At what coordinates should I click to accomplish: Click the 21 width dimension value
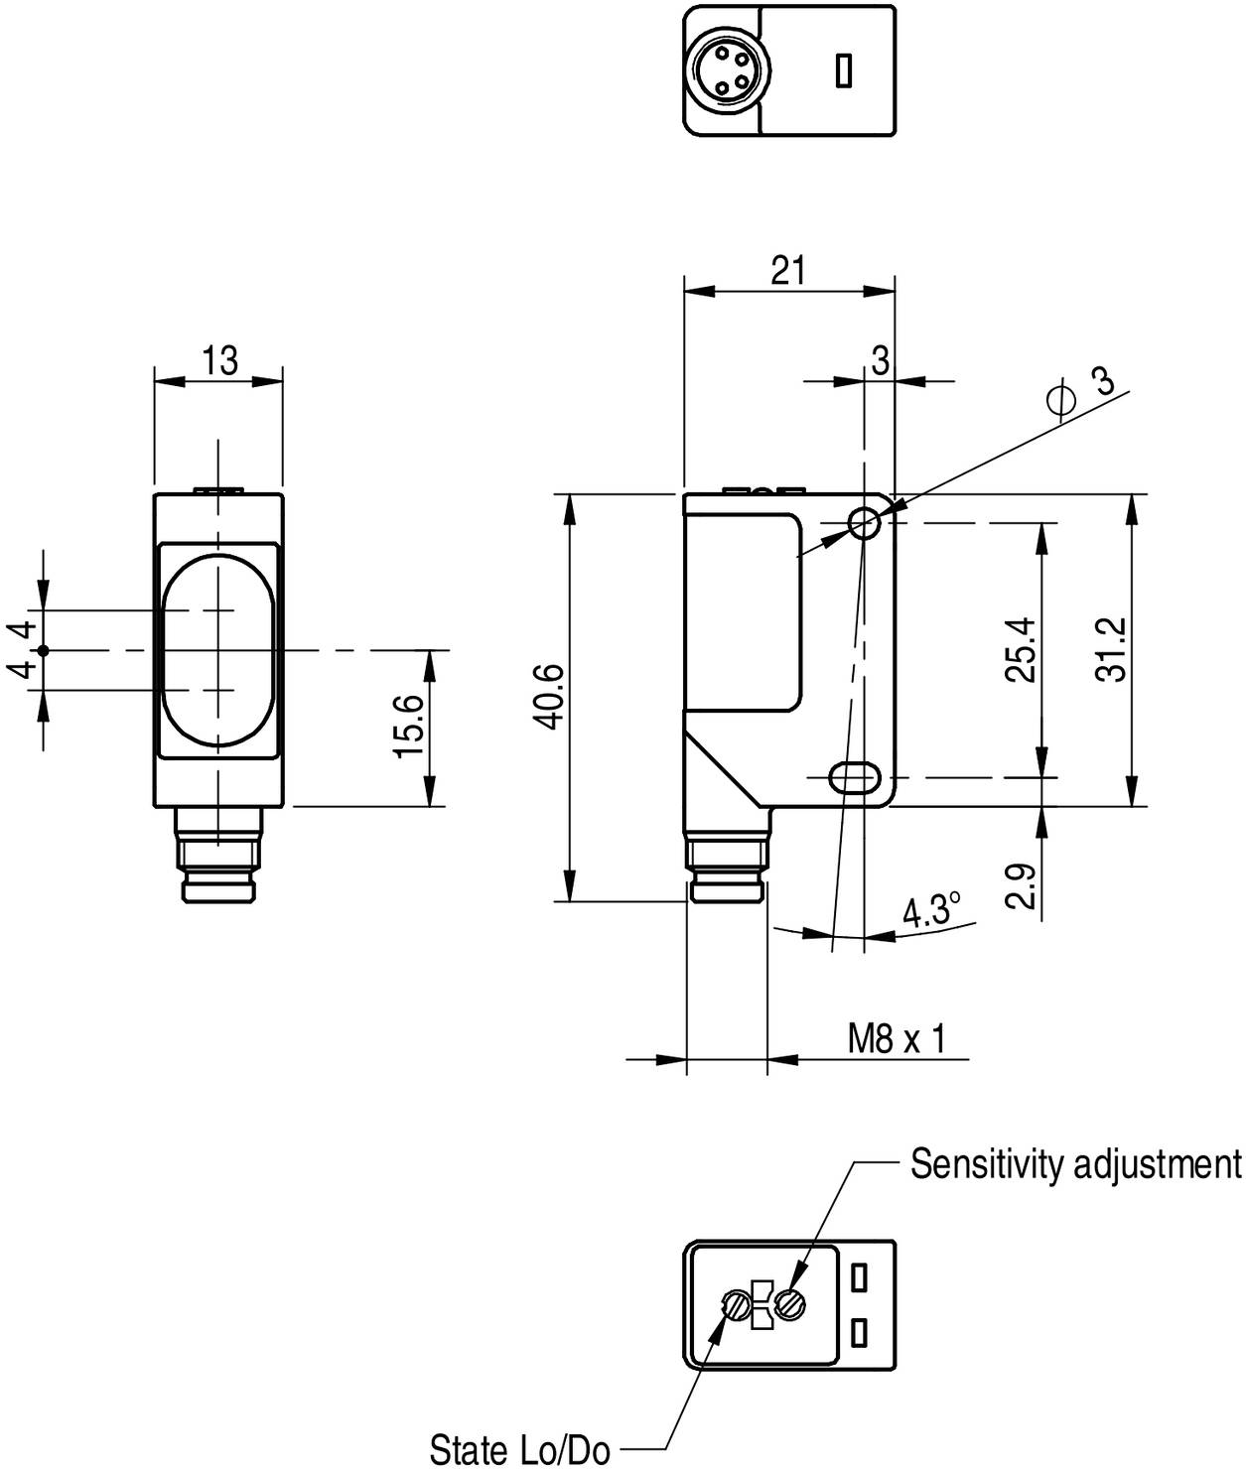(x=788, y=270)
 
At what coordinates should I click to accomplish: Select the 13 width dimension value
(x=219, y=360)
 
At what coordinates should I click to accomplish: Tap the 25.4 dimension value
(x=1020, y=649)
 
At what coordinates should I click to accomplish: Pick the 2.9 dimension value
(x=1020, y=884)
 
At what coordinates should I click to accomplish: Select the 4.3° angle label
(x=930, y=910)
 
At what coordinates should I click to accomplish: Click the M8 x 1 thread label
(x=896, y=1039)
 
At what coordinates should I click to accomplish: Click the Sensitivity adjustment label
(x=1075, y=1163)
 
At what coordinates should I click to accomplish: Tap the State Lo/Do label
(x=519, y=1449)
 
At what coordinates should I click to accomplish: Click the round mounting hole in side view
(x=865, y=523)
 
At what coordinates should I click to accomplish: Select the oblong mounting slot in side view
(x=852, y=777)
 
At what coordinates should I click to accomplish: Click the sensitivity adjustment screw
(x=791, y=1302)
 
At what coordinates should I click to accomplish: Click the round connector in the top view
(x=721, y=70)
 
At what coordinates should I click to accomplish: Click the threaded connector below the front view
(x=218, y=856)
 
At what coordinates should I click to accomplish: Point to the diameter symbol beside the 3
(x=1061, y=399)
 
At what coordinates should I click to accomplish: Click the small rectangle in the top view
(x=844, y=70)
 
